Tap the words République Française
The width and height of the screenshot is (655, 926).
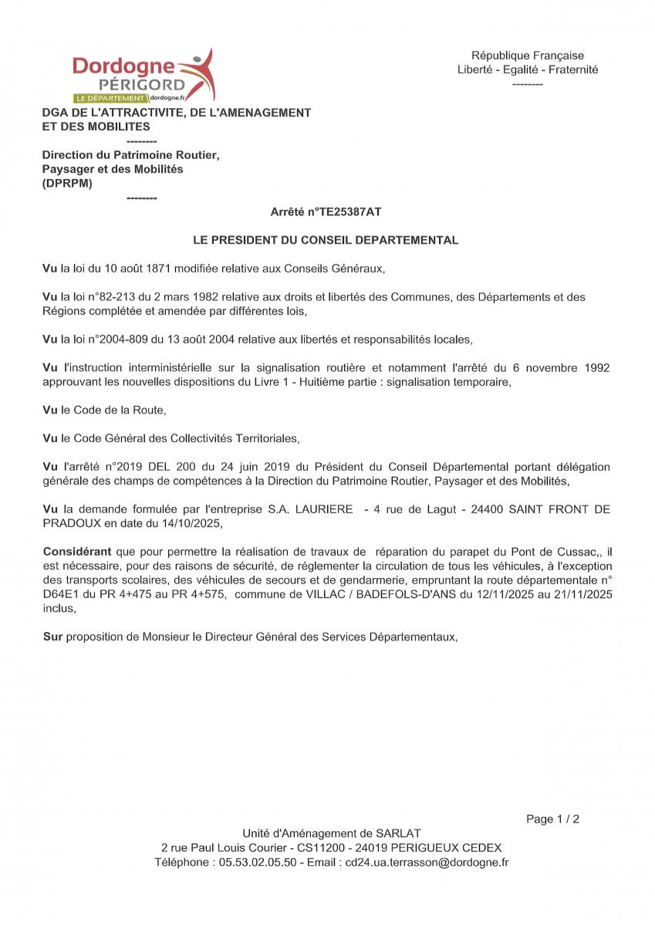coord(528,56)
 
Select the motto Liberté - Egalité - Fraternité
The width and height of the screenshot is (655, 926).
coord(528,69)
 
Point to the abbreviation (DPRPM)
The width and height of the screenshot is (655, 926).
coord(66,183)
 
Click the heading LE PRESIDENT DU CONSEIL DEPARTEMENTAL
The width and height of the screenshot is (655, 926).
coord(326,240)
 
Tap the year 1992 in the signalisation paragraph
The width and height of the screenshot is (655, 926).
coord(595,368)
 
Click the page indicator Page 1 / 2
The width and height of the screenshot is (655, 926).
coord(552,819)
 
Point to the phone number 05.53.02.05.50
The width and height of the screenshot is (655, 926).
coord(258,862)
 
